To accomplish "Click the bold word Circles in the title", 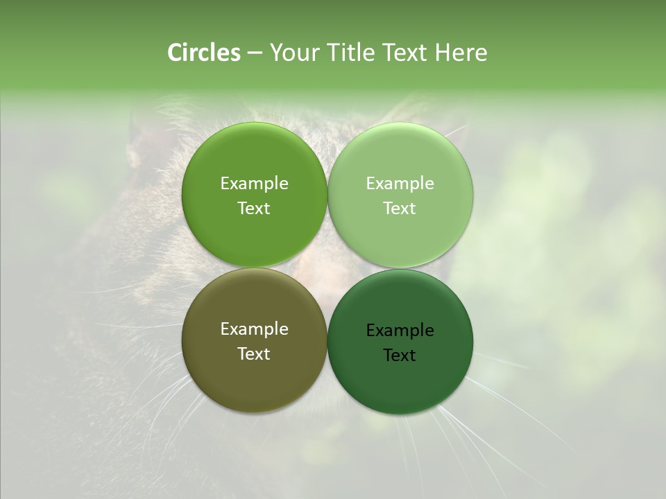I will click(204, 53).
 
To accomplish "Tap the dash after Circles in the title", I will click(255, 53).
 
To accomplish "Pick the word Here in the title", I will click(461, 53).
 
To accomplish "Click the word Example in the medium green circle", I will click(254, 184).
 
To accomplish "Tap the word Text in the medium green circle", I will click(254, 209).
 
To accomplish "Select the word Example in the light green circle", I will click(400, 184).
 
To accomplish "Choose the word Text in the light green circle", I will click(400, 209).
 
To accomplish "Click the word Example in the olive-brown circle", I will click(254, 329).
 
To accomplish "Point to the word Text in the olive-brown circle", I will click(254, 354).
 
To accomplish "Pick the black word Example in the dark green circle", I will click(400, 331).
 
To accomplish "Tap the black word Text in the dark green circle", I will click(400, 356).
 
